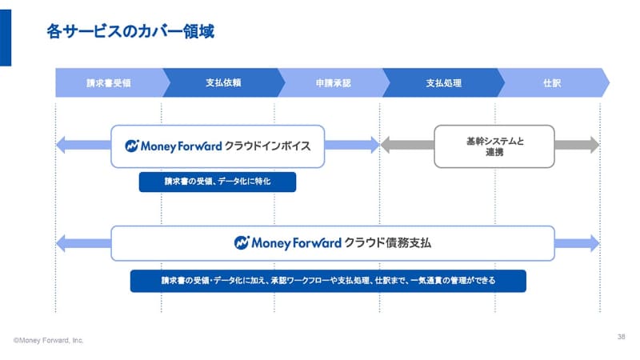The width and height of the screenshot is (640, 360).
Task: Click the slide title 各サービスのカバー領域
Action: tap(131, 33)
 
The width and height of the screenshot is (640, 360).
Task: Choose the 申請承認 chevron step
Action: tap(333, 82)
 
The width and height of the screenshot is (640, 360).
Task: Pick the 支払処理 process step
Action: tap(443, 82)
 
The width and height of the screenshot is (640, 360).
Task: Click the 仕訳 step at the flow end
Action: tap(552, 82)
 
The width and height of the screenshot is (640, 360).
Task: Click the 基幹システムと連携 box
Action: tap(494, 146)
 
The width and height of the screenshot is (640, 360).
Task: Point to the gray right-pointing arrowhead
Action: tap(592, 146)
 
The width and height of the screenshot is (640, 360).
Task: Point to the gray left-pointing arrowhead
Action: tap(386, 146)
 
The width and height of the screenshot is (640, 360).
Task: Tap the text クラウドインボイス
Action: tap(267, 146)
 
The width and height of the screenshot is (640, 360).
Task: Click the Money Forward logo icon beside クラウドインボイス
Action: tap(133, 146)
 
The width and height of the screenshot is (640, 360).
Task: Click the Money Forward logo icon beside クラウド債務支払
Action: tap(242, 242)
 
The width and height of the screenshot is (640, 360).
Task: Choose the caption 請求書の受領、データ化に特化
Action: tap(217, 182)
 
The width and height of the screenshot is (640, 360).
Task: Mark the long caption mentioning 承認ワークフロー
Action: tap(328, 281)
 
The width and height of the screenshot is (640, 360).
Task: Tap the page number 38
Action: tap(622, 336)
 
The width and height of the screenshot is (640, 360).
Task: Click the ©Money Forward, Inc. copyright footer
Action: tap(49, 340)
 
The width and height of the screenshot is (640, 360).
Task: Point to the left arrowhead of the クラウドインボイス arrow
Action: tap(61, 146)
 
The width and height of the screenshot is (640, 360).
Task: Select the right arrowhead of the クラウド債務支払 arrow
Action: tap(593, 242)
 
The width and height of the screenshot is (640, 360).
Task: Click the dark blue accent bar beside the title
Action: tap(6, 33)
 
